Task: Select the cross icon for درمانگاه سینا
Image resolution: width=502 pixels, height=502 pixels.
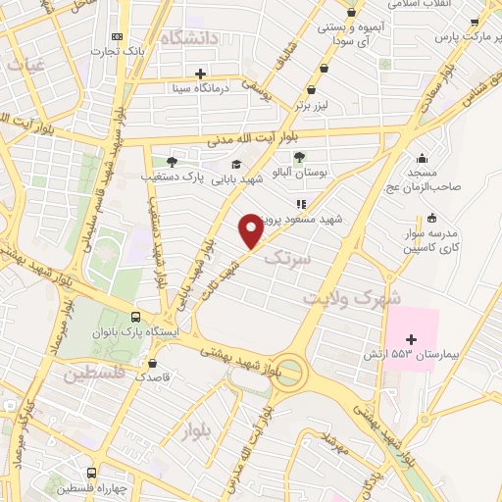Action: tap(201, 74)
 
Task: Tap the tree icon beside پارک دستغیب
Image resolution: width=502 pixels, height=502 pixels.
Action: tap(173, 162)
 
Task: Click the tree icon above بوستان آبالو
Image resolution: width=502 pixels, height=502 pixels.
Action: tap(300, 157)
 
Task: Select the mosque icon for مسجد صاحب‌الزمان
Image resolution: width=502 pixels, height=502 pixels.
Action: tap(422, 159)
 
